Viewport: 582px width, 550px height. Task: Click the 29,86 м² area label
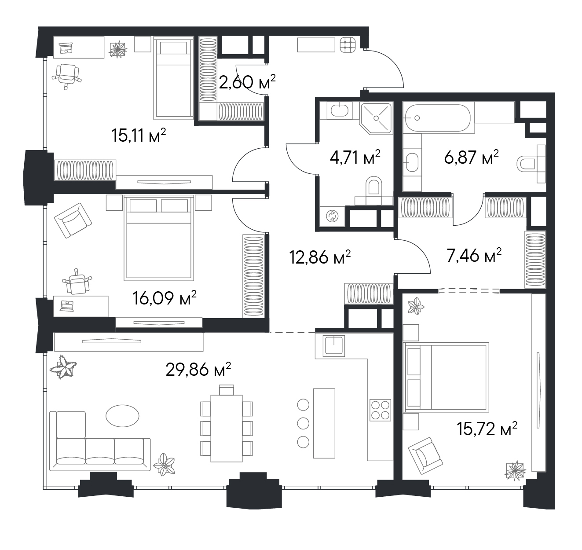click(x=198, y=370)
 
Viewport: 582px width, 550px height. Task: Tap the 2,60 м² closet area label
click(x=247, y=82)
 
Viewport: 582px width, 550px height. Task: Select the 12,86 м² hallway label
click(x=320, y=257)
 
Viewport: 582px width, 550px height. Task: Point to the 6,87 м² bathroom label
click(x=471, y=157)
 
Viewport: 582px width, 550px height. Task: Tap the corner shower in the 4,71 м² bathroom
click(x=377, y=118)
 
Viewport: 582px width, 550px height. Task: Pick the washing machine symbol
click(x=332, y=216)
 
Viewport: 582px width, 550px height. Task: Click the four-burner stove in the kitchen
click(x=381, y=410)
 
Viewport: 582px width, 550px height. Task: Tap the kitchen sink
click(x=334, y=346)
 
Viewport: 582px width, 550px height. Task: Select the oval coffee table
click(x=122, y=416)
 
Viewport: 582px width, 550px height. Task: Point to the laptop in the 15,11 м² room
click(x=66, y=48)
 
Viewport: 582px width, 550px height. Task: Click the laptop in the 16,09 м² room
click(x=66, y=306)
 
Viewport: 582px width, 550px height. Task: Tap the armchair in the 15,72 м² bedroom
click(x=425, y=455)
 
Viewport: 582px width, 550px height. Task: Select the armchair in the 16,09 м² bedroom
click(x=73, y=220)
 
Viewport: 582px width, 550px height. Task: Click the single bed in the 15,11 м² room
click(x=173, y=78)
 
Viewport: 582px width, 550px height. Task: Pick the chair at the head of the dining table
click(x=227, y=390)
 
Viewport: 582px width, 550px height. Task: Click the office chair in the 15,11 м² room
click(x=67, y=76)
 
